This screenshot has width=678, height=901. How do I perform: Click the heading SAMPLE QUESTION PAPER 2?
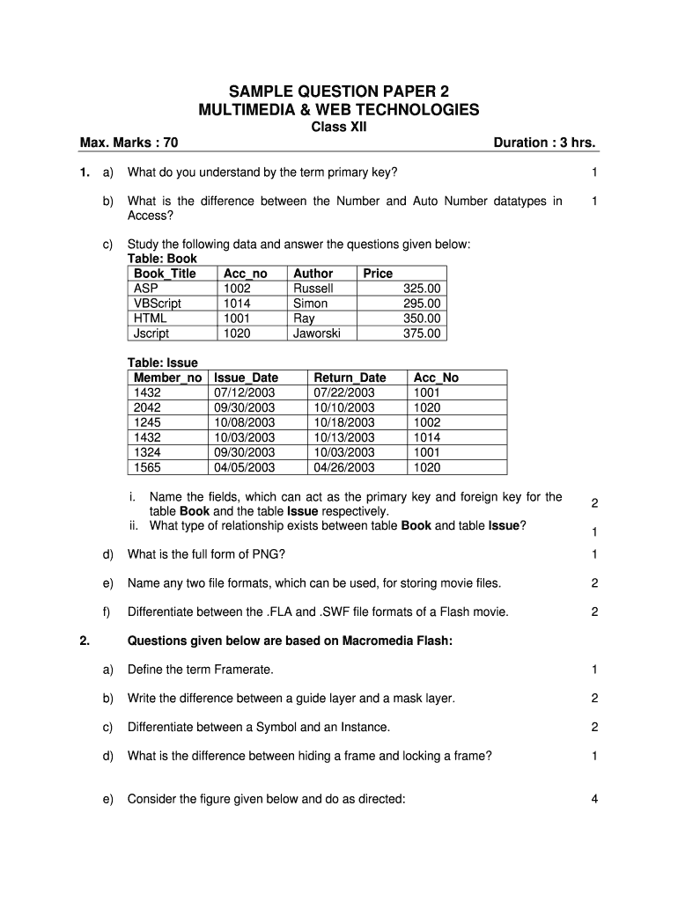pyautogui.click(x=340, y=91)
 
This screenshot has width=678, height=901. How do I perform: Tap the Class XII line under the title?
pyautogui.click(x=340, y=127)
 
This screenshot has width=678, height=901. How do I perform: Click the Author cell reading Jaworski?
pyautogui.click(x=319, y=333)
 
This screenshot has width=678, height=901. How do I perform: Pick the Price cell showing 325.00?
pyautogui.click(x=422, y=289)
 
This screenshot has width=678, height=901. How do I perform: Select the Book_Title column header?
pyautogui.click(x=165, y=274)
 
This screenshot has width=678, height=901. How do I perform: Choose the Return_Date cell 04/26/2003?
pyautogui.click(x=344, y=467)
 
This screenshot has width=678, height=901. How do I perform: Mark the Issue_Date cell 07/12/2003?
pyautogui.click(x=244, y=392)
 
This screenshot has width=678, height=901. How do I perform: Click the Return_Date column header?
pyautogui.click(x=350, y=377)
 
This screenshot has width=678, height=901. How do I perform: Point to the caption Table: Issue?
pyautogui.click(x=163, y=363)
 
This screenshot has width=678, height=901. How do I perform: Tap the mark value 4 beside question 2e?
pyautogui.click(x=595, y=799)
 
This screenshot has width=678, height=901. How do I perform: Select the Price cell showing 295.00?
pyautogui.click(x=422, y=304)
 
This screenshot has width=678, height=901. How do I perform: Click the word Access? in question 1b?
pyautogui.click(x=151, y=216)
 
